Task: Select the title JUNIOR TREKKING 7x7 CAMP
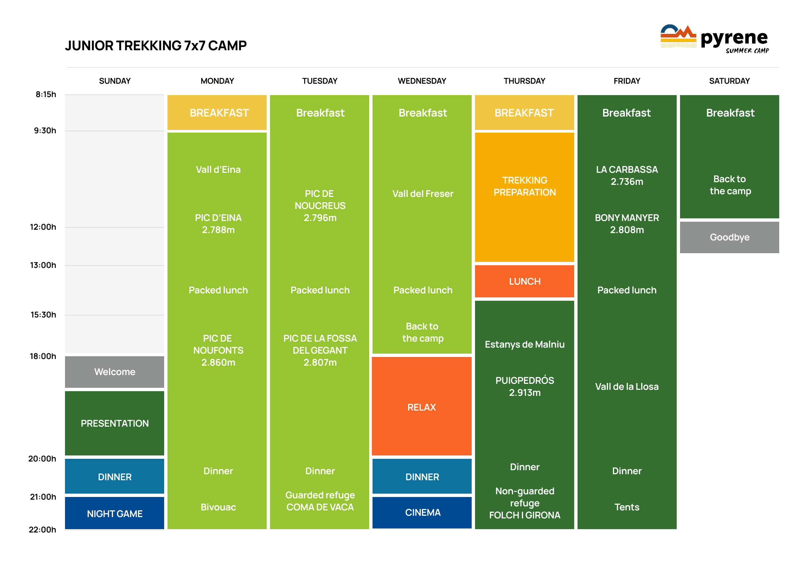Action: click(x=155, y=46)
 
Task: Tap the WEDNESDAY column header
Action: click(x=422, y=81)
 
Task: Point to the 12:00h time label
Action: click(x=43, y=227)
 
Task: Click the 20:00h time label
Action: click(x=42, y=459)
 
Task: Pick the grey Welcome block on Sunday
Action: click(x=115, y=372)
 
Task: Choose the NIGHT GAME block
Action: click(x=115, y=513)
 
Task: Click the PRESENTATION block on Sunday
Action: click(x=115, y=423)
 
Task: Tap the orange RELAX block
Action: click(x=421, y=407)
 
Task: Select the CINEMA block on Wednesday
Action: click(x=422, y=512)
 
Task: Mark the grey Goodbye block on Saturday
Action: click(x=729, y=237)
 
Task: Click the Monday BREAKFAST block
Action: click(x=217, y=113)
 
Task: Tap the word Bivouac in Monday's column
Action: click(x=218, y=507)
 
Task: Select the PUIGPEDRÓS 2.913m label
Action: click(x=525, y=386)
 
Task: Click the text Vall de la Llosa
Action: click(x=627, y=386)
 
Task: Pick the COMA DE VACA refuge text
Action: click(x=320, y=507)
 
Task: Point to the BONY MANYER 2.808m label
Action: click(x=627, y=224)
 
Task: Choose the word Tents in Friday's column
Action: click(x=627, y=507)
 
